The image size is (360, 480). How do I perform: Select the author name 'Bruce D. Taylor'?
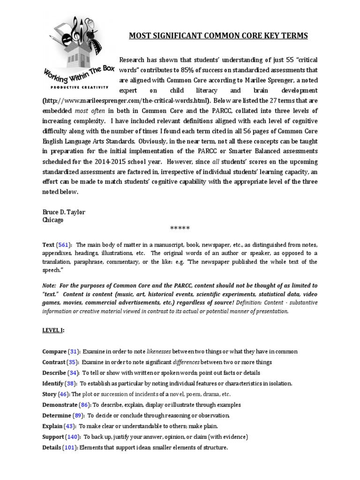(x=64, y=212)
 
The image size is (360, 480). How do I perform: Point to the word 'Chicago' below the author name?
(x=52, y=220)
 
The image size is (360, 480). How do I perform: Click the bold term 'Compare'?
(x=54, y=352)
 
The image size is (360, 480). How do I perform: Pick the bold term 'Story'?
(x=49, y=394)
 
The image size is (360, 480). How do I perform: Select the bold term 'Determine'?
(x=57, y=415)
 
